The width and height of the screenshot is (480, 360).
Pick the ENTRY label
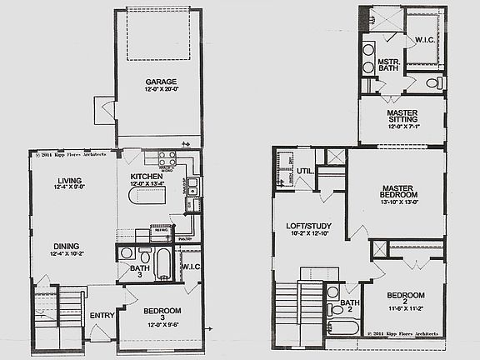click(x=102, y=315)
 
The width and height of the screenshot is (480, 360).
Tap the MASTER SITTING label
click(x=407, y=117)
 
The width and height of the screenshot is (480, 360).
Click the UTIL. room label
click(x=305, y=172)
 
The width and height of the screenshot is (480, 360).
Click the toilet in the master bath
click(x=434, y=83)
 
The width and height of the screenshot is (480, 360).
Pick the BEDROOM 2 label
click(x=406, y=299)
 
